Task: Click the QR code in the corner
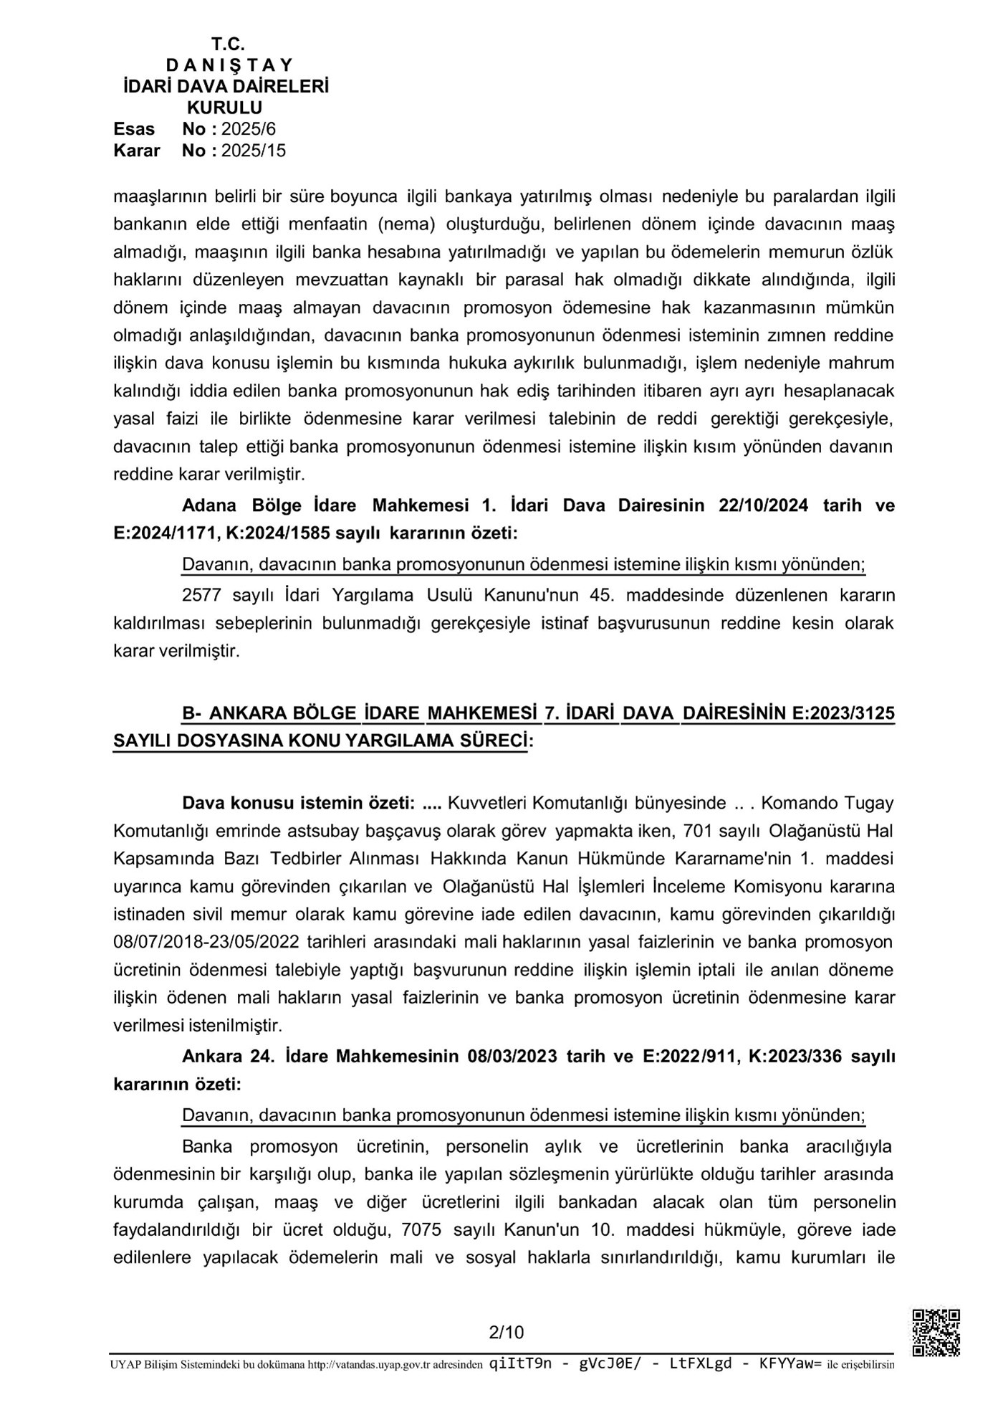(x=935, y=1332)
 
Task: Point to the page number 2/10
(x=506, y=1333)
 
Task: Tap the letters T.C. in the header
(x=228, y=44)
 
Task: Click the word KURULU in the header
(x=224, y=108)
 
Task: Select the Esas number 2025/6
(x=249, y=129)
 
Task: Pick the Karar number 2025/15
(x=254, y=151)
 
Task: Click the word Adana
(x=209, y=505)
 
